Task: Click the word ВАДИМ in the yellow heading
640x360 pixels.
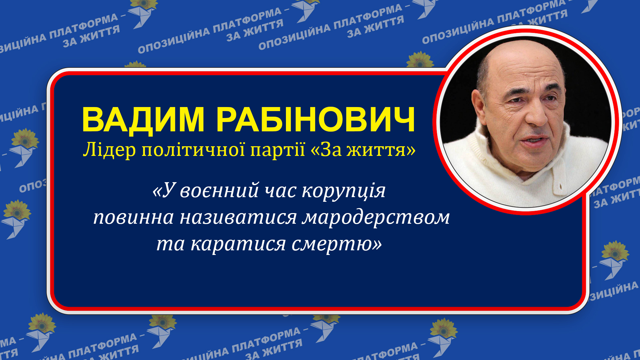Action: (x=143, y=120)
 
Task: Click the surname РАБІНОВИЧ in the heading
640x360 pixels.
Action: (x=316, y=120)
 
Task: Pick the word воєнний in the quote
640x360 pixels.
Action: (x=219, y=191)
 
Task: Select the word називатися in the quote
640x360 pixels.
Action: (x=238, y=218)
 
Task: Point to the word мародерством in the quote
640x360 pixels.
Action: (x=376, y=218)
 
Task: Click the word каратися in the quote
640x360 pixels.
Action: (x=238, y=244)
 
